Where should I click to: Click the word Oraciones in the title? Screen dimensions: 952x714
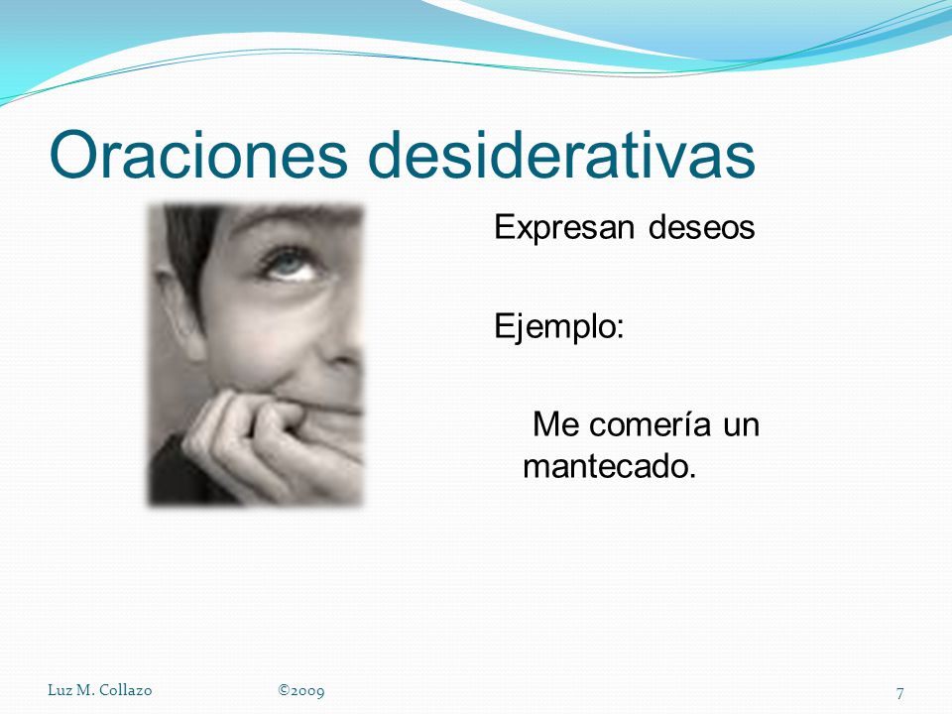point(198,155)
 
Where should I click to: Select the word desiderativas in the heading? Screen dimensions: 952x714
point(561,155)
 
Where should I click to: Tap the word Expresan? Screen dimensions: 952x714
point(564,229)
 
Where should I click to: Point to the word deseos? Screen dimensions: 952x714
point(701,228)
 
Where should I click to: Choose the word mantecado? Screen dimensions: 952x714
point(609,466)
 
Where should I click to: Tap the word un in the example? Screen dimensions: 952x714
point(741,425)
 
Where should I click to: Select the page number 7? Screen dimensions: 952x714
point(899,693)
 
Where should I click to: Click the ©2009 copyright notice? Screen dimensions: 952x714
point(301,691)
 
